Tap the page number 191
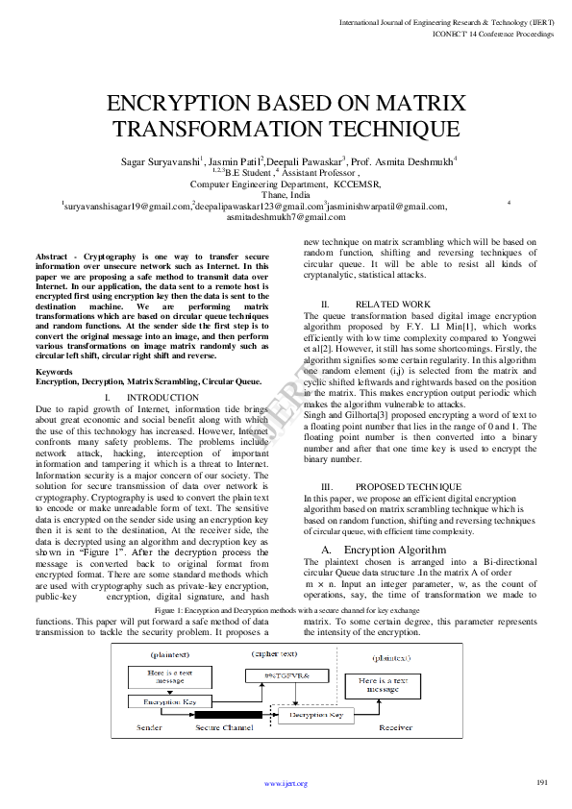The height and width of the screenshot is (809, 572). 542,782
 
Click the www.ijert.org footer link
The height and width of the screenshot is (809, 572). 286,784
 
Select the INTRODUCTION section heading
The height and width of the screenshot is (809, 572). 162,397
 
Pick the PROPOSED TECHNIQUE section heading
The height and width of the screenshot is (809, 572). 408,488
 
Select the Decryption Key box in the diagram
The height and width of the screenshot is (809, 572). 316,715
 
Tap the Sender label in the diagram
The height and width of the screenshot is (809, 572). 149,728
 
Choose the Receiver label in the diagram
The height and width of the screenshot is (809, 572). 395,728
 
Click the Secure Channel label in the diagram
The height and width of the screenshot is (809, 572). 224,728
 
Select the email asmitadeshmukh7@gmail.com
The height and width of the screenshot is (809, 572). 286,217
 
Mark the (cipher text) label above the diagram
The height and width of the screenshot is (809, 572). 275,653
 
